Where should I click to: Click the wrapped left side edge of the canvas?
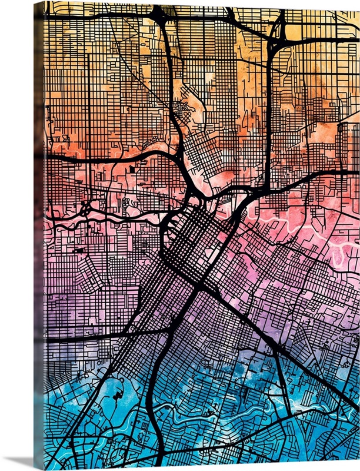[38, 235]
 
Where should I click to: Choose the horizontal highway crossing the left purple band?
[88, 337]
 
